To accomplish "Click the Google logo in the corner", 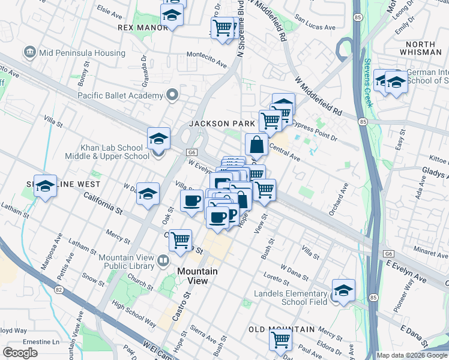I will (x=20, y=353).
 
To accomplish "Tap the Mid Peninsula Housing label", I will (x=82, y=53).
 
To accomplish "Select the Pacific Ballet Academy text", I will (x=120, y=96).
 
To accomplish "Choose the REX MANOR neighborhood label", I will (x=143, y=28).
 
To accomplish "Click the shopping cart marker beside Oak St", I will (x=180, y=240).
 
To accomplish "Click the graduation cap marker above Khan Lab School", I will (x=158, y=138).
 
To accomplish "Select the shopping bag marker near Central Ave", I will (x=256, y=145).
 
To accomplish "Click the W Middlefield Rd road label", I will (x=318, y=96).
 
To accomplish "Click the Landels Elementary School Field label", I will (x=291, y=298).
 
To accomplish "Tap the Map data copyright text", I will (x=412, y=355).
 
